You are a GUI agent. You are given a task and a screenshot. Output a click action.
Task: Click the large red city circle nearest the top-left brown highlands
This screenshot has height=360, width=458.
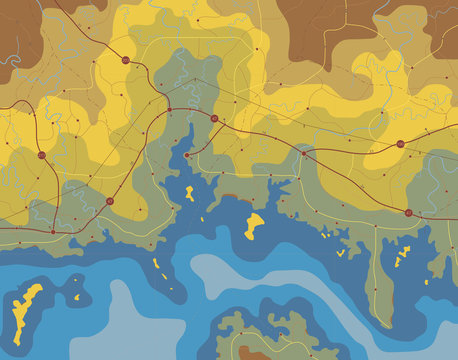[x=126, y=61]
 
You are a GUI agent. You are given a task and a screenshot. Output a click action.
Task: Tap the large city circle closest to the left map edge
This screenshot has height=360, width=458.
[x=41, y=156]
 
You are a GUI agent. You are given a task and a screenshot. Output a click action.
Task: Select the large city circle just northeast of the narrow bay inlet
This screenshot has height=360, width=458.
[x=214, y=119]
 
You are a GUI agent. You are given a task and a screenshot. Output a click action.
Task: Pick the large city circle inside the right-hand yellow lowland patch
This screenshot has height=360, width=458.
[x=400, y=144]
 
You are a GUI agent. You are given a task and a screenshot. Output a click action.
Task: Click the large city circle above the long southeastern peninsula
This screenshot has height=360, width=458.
[x=407, y=212]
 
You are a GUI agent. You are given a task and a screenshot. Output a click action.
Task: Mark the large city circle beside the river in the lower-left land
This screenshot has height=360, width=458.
[x=110, y=201]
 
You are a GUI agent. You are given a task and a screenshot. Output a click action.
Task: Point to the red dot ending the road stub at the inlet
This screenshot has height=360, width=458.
[x=187, y=155]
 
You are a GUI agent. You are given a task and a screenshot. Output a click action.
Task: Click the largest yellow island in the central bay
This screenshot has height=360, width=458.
[x=255, y=225]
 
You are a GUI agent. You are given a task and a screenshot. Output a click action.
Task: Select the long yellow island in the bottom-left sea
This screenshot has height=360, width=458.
[x=28, y=305]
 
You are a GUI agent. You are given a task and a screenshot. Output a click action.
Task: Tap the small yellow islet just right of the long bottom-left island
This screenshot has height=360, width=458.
[x=76, y=298]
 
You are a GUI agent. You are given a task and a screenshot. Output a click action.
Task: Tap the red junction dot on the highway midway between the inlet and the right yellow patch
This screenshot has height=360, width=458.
[x=304, y=153]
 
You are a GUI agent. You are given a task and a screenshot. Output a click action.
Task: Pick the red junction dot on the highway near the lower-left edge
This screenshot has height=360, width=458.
[x=53, y=231]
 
